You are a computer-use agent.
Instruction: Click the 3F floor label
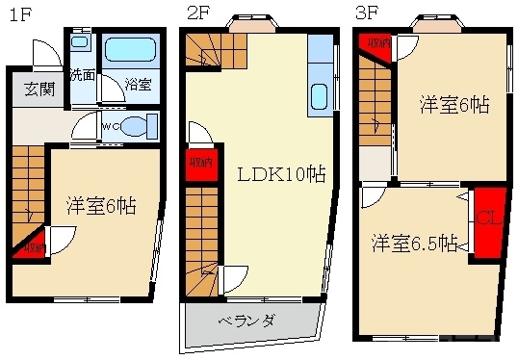(366, 13)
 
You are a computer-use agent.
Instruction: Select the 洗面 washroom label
(82, 75)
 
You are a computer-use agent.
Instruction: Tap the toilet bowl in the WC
(140, 125)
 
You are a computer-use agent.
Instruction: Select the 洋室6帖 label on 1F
(100, 205)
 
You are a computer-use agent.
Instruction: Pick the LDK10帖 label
(281, 174)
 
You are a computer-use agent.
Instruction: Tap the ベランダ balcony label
(246, 321)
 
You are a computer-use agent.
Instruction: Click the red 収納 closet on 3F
(377, 44)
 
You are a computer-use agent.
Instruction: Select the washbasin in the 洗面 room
(81, 43)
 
